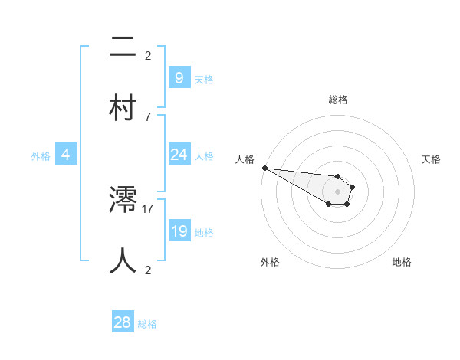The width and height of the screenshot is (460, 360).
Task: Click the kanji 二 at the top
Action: point(123,47)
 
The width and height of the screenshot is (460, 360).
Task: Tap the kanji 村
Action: point(123,106)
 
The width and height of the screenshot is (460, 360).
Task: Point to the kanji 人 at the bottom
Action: point(123,260)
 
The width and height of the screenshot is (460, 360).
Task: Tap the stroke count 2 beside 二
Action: point(147,55)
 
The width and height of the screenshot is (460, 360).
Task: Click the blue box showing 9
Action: point(179,78)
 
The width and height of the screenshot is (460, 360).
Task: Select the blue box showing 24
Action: point(179,155)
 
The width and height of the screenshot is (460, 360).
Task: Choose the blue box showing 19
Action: point(179,231)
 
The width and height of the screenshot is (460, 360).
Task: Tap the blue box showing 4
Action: point(66,155)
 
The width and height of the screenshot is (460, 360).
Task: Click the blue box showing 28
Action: point(123,323)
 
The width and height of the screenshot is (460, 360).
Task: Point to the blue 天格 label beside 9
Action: point(204,80)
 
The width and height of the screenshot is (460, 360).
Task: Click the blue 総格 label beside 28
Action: point(147,325)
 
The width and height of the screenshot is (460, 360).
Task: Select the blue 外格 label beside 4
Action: point(41,156)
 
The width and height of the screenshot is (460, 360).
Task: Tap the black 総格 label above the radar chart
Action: point(337,100)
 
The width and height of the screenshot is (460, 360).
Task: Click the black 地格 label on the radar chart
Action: point(402,263)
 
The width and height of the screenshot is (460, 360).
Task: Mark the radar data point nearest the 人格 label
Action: point(264,168)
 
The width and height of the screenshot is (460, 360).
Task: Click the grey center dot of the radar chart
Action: point(337,191)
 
